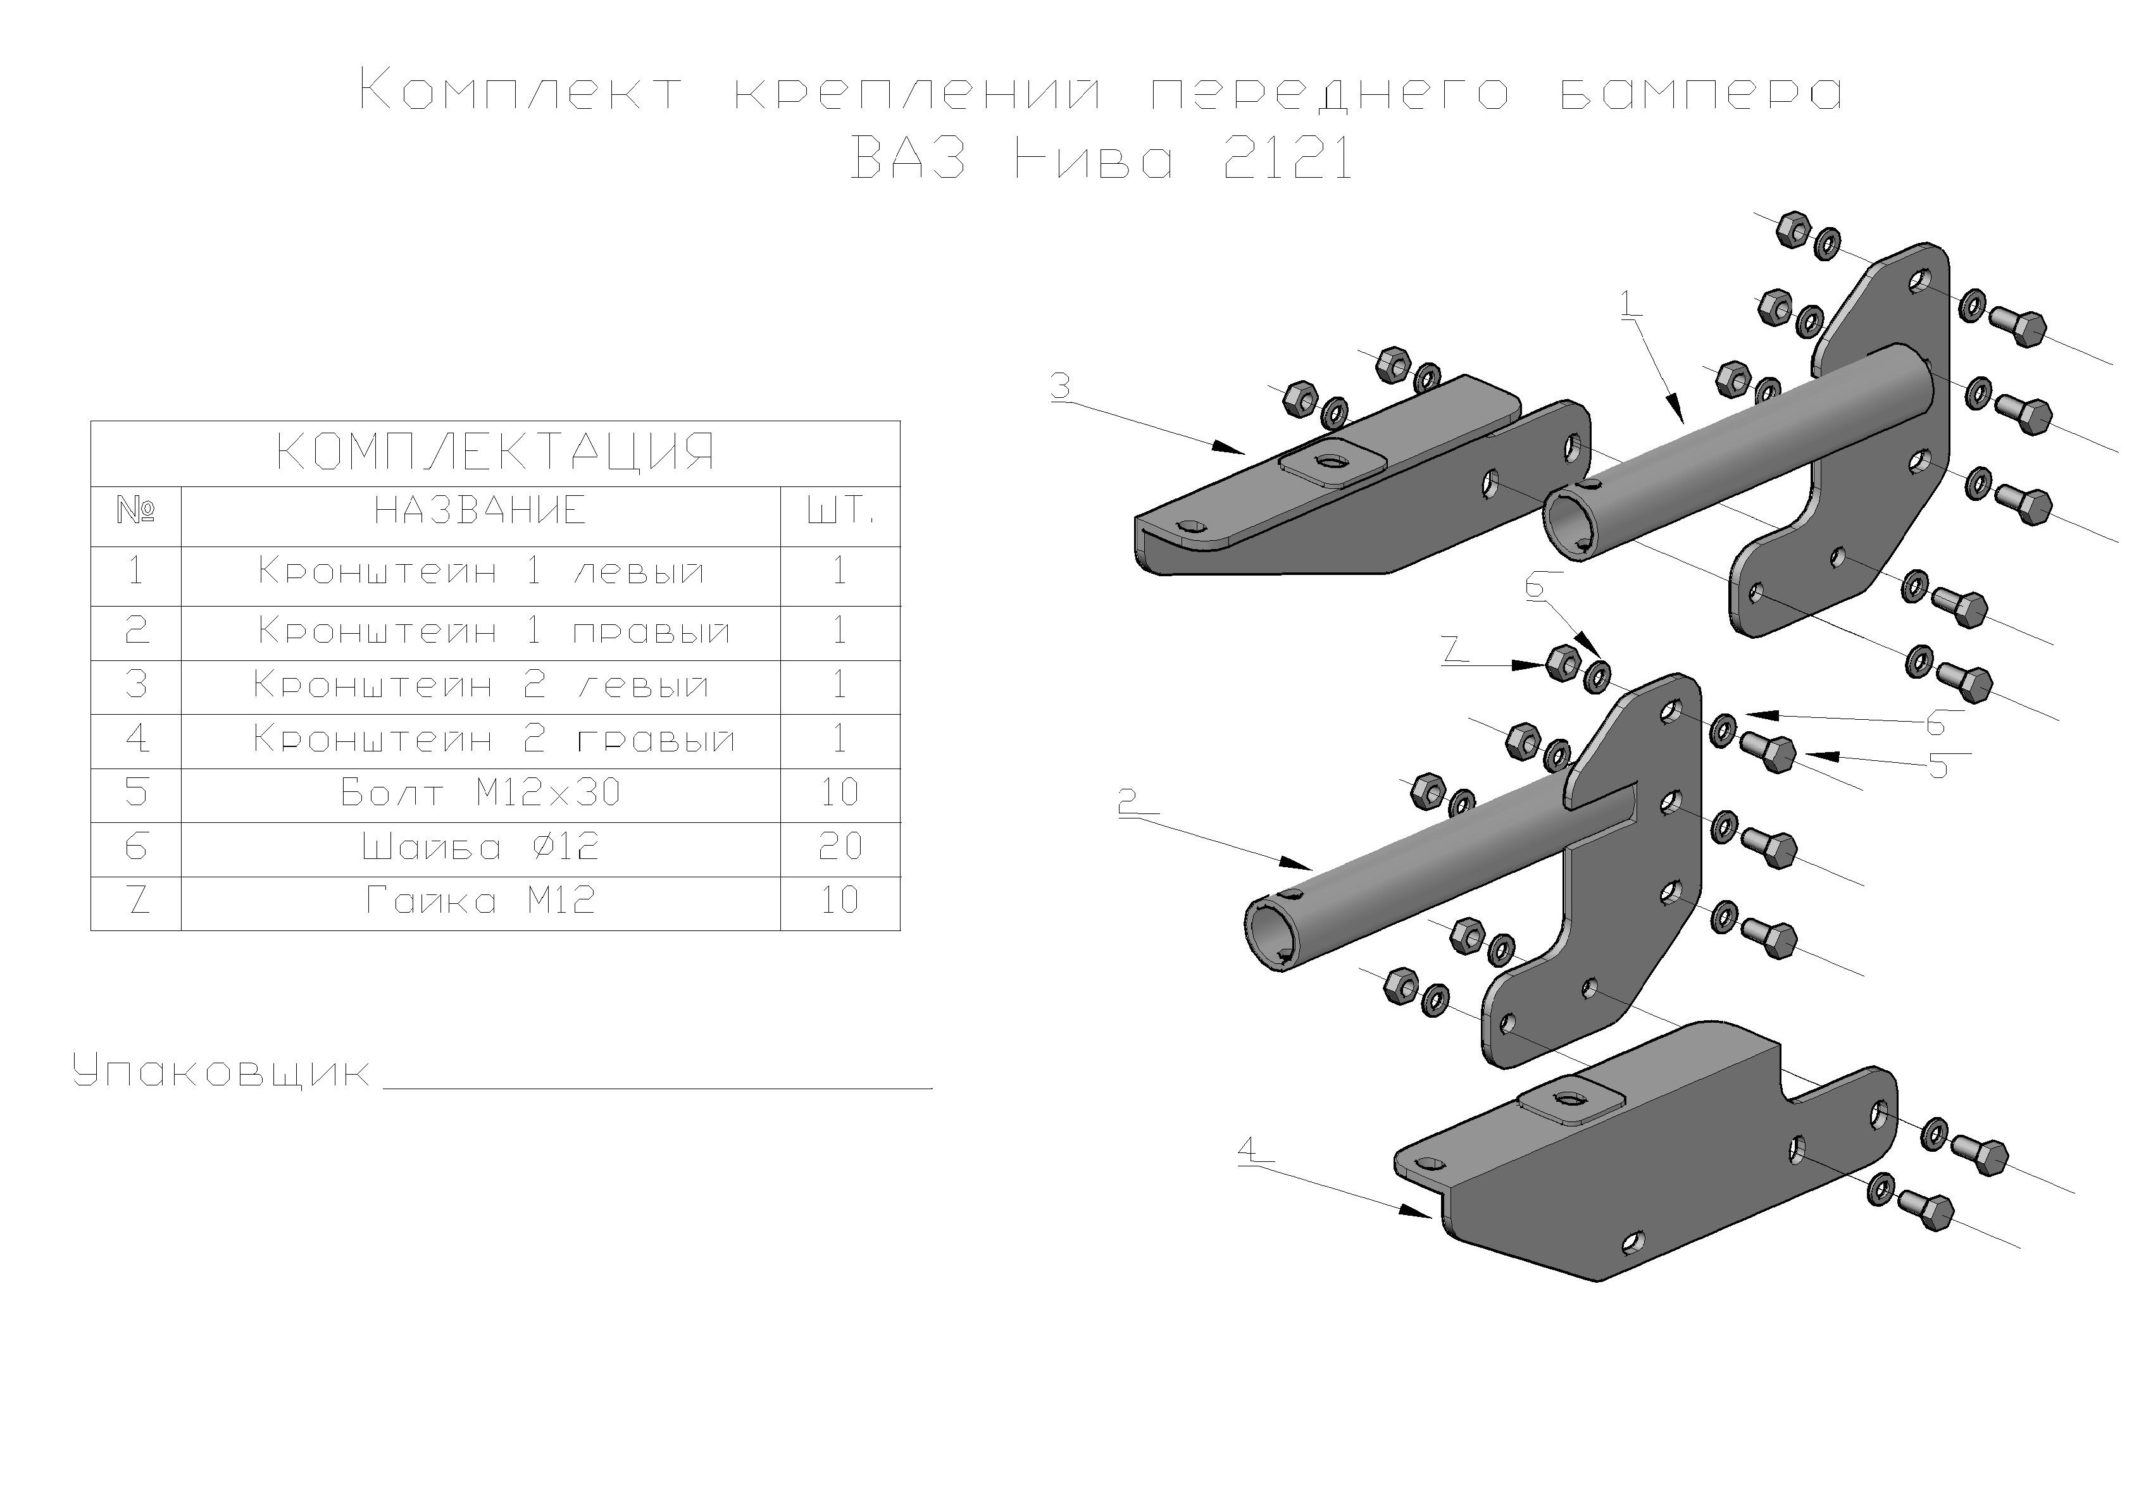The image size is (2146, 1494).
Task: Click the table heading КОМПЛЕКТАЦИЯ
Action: pos(496,453)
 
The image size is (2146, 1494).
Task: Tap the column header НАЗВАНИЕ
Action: pos(480,511)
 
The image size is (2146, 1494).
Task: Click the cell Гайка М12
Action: pos(480,901)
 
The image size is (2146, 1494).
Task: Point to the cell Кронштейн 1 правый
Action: pos(494,632)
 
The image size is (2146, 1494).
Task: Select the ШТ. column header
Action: pos(839,512)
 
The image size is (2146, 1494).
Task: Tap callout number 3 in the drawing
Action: pos(1060,386)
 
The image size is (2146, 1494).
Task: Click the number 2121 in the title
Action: pos(1288,161)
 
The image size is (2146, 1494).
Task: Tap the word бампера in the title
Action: pos(1701,94)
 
